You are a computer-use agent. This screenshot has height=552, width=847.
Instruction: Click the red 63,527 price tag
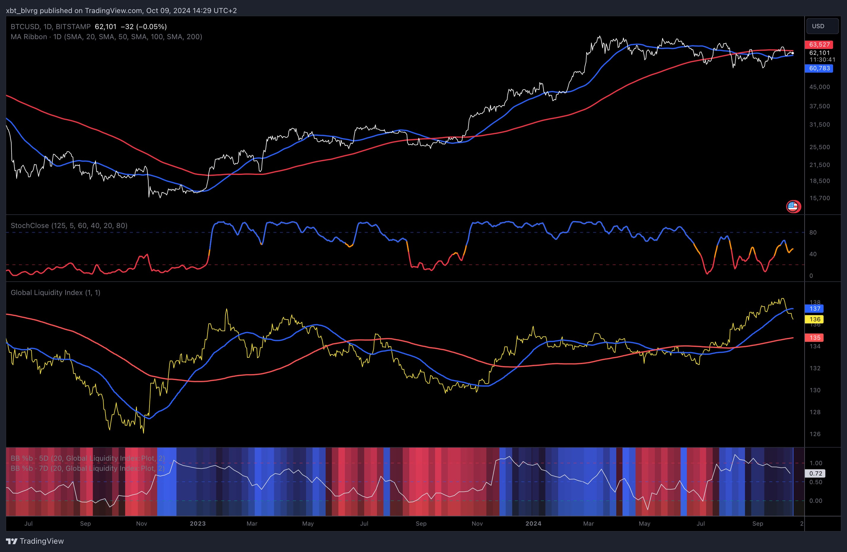pyautogui.click(x=819, y=44)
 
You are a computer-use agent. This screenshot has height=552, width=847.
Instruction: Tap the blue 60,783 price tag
pyautogui.click(x=819, y=68)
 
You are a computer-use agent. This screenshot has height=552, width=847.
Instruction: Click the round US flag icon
pyautogui.click(x=793, y=206)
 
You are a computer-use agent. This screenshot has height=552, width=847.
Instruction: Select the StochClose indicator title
pyautogui.click(x=69, y=226)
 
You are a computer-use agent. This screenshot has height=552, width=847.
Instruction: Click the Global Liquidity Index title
pyautogui.click(x=55, y=292)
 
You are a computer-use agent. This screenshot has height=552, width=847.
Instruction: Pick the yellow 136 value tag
pyautogui.click(x=815, y=319)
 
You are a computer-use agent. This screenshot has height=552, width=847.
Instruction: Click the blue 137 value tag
pyautogui.click(x=815, y=309)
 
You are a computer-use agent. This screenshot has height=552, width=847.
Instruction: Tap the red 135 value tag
pyautogui.click(x=815, y=338)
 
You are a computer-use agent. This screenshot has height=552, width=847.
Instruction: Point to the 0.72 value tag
pyautogui.click(x=815, y=473)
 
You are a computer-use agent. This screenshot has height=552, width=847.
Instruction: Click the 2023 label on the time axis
pyautogui.click(x=198, y=524)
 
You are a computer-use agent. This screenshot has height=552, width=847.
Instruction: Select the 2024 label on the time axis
pyautogui.click(x=533, y=524)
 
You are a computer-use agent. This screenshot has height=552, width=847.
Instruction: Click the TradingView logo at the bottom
pyautogui.click(x=35, y=541)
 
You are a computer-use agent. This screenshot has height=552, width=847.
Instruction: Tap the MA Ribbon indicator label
pyautogui.click(x=106, y=37)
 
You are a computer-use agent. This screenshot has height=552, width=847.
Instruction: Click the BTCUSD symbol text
pyautogui.click(x=25, y=27)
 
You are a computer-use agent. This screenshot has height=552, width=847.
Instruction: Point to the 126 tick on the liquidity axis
pyautogui.click(x=815, y=434)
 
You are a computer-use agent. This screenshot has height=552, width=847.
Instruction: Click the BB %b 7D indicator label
pyautogui.click(x=87, y=468)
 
